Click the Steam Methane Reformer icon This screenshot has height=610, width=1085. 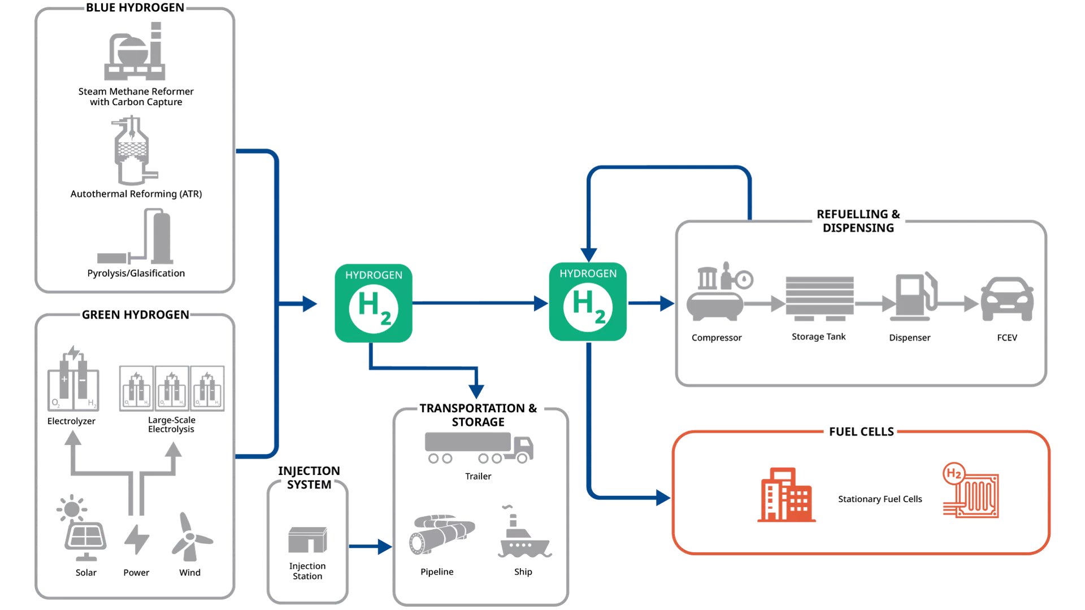coord(135,51)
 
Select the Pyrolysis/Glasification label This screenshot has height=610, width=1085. coord(136,273)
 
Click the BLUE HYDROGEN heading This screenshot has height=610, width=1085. coord(135,8)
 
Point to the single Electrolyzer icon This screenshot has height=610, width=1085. coord(73,378)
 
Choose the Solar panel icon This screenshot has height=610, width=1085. coord(83,528)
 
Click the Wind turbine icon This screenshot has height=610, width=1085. coord(191,537)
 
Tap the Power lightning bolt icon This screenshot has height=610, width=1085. coord(137,539)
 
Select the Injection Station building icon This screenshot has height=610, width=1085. coord(307,540)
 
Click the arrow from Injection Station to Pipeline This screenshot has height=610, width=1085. coord(371,547)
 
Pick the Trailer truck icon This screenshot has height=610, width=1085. coord(479,448)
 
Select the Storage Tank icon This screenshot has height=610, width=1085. coord(819,299)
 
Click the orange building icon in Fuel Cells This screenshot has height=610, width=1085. coord(786,495)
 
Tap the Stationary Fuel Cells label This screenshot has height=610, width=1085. coord(880,499)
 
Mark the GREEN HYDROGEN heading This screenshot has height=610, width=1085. coord(136,315)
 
